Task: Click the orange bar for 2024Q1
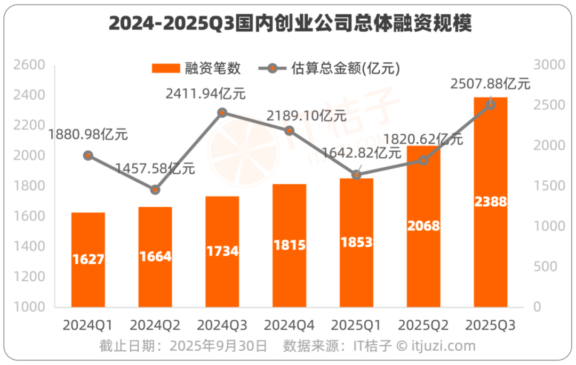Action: (88, 259)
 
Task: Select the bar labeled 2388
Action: (490, 202)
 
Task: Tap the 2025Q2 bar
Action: (423, 226)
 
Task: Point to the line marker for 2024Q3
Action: (222, 112)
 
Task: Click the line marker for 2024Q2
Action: (155, 190)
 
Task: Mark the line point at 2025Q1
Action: (357, 175)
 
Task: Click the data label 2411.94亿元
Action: (205, 94)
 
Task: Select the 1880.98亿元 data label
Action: (88, 134)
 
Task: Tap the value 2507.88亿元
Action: (490, 84)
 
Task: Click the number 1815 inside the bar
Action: (290, 245)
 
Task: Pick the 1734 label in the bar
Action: (222, 252)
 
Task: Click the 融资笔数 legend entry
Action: (197, 68)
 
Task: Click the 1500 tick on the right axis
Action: (545, 186)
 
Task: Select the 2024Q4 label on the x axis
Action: (290, 325)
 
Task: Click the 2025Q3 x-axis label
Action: (490, 325)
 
